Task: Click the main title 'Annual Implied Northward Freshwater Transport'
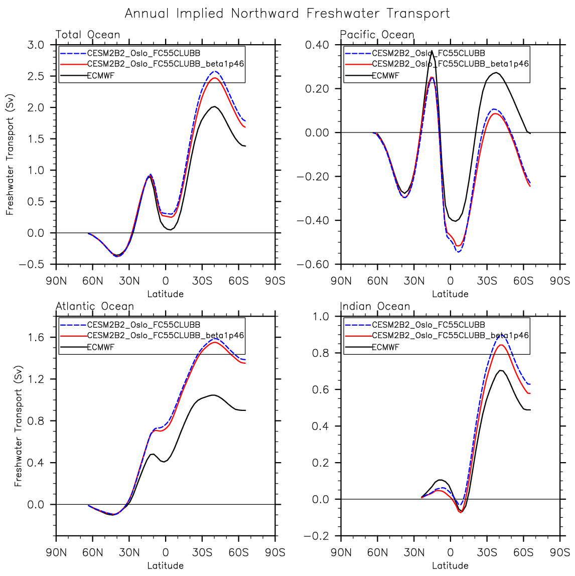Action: click(x=287, y=14)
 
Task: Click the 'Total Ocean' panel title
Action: click(x=88, y=35)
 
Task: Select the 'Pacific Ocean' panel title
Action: click(x=377, y=35)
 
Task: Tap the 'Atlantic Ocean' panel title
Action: click(x=95, y=307)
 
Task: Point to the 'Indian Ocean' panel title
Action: click(x=375, y=307)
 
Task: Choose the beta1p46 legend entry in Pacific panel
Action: click(x=450, y=64)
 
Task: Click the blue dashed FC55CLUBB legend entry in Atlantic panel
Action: click(x=143, y=325)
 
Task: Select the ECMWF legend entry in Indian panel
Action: click(x=385, y=347)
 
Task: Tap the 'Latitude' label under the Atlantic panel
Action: click(x=165, y=565)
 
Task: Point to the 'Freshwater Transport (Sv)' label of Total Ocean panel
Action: click(x=10, y=155)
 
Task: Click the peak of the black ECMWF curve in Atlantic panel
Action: click(x=213, y=395)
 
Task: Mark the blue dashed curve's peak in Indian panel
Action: click(x=501, y=334)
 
